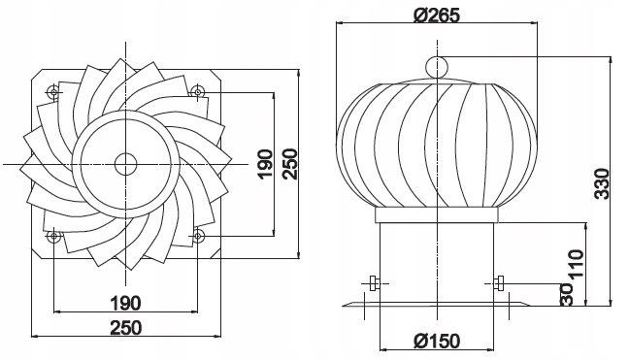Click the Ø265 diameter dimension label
pyautogui.click(x=436, y=16)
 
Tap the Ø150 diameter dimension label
pyautogui.click(x=437, y=342)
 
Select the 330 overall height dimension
pyautogui.click(x=602, y=183)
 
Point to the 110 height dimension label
pyautogui.click(x=576, y=264)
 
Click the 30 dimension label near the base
pyautogui.click(x=566, y=295)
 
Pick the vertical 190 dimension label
pyautogui.click(x=265, y=164)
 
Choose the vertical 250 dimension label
pyautogui.click(x=289, y=164)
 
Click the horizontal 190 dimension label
pyautogui.click(x=125, y=303)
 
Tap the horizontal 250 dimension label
pyautogui.click(x=126, y=328)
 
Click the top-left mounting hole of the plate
pyautogui.click(x=54, y=92)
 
